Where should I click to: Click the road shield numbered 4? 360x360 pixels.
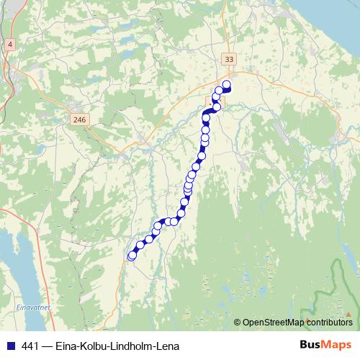tap(10, 45)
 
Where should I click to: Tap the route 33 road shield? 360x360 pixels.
tap(229, 59)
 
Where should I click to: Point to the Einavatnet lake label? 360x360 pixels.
tap(31, 307)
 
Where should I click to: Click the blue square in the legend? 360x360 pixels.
tap(9, 346)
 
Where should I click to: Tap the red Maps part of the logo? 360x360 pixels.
tap(338, 345)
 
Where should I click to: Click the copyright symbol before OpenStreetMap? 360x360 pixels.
tap(238, 323)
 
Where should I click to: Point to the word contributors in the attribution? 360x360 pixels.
tap(329, 323)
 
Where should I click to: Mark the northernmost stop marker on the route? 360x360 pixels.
tap(226, 85)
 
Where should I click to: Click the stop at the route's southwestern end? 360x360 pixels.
tap(132, 256)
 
